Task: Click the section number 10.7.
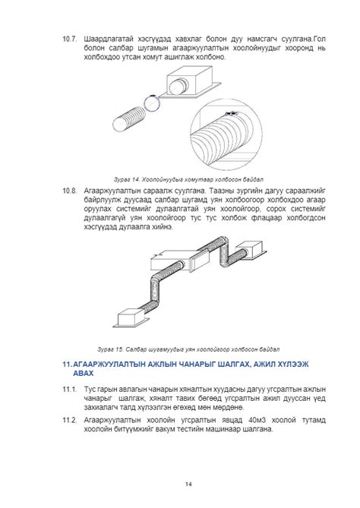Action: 69,39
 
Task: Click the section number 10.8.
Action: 69,191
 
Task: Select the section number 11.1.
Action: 69,389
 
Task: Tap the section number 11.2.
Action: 69,420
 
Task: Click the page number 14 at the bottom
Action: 188,484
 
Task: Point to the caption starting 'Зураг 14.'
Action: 188,179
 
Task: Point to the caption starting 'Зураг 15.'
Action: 188,349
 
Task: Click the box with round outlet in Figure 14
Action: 191,82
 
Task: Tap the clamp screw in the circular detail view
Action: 232,113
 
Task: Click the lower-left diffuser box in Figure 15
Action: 131,317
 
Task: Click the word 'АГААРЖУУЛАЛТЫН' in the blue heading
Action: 109,364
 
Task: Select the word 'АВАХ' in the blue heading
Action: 84,374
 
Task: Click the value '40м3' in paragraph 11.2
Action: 257,420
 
